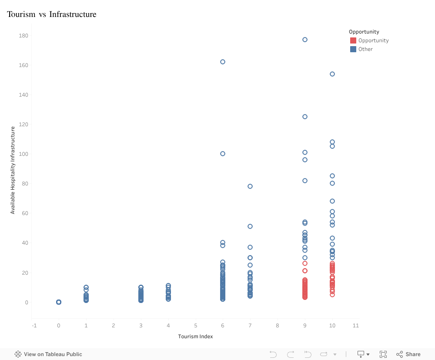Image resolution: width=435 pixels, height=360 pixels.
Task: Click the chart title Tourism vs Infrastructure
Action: pyautogui.click(x=51, y=14)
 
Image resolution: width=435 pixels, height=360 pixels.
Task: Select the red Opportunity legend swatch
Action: pyautogui.click(x=353, y=40)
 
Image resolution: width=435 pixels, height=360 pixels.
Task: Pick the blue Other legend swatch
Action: pyautogui.click(x=353, y=49)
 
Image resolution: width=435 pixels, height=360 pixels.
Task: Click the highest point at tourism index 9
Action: pyautogui.click(x=305, y=40)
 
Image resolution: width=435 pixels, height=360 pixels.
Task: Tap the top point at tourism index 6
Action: pyautogui.click(x=223, y=62)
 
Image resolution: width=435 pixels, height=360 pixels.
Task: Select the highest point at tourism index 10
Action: pyautogui.click(x=332, y=74)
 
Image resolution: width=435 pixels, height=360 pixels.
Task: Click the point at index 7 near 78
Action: pyautogui.click(x=250, y=186)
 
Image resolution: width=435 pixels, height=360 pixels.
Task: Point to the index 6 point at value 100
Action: pyautogui.click(x=223, y=154)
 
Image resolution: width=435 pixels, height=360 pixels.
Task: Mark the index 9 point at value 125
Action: pyautogui.click(x=305, y=117)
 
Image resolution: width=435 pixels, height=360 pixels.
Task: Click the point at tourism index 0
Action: pyautogui.click(x=59, y=302)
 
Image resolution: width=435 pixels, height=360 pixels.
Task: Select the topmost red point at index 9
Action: pyautogui.click(x=305, y=263)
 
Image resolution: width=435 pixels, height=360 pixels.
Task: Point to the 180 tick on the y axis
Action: pyautogui.click(x=23, y=35)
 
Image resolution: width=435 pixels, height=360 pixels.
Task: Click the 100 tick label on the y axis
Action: pyautogui.click(x=23, y=154)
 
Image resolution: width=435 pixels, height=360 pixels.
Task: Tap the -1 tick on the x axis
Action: pyautogui.click(x=34, y=325)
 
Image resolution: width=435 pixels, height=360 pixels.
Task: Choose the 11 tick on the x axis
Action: pyautogui.click(x=355, y=325)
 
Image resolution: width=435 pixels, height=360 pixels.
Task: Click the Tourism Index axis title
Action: pyautogui.click(x=195, y=336)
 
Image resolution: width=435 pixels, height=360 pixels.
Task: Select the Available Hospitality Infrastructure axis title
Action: pyautogui.click(x=13, y=170)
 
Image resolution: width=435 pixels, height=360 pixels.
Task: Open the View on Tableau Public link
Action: pyautogui.click(x=48, y=354)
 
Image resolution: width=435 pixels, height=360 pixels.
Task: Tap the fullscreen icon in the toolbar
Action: pyautogui.click(x=383, y=354)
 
